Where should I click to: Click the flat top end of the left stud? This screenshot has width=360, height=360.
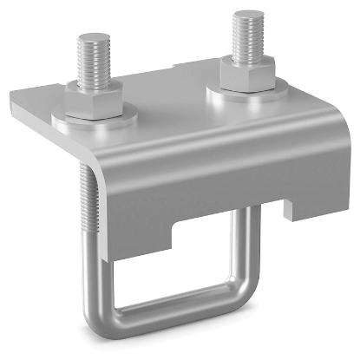coord(91,37)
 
